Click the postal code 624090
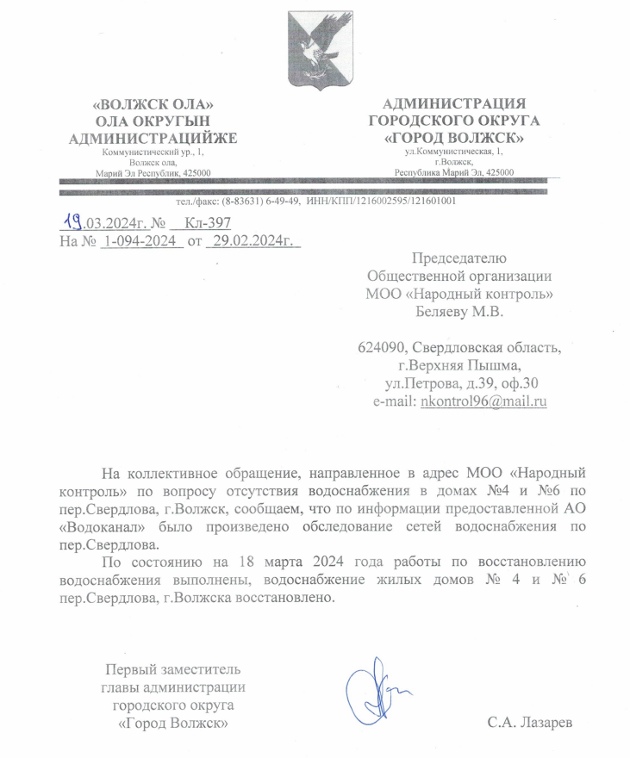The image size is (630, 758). point(382,349)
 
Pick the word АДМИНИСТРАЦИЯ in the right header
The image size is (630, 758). point(454,103)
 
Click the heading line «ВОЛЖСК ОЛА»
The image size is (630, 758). point(153,104)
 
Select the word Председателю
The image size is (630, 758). point(459,258)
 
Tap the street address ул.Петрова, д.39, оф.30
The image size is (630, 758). point(463,383)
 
